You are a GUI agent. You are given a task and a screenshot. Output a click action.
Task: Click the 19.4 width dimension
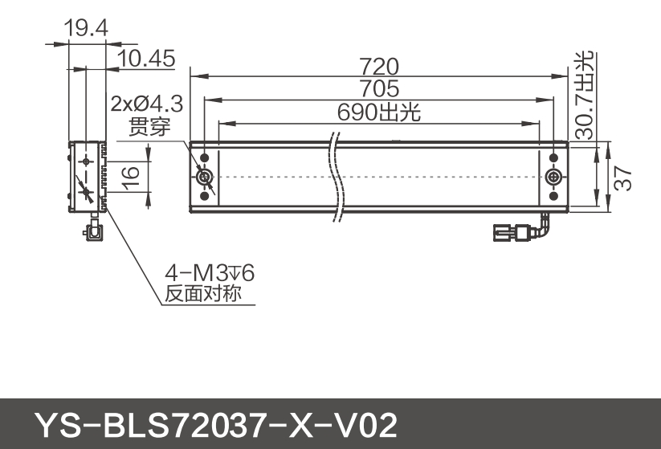click(x=85, y=29)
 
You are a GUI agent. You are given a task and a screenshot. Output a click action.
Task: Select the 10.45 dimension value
click(x=146, y=59)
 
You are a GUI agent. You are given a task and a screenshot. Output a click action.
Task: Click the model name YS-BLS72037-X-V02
click(x=215, y=423)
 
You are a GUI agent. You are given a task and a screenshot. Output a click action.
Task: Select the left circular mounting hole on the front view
click(x=205, y=177)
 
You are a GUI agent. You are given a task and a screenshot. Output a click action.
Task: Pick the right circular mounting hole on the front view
click(x=553, y=177)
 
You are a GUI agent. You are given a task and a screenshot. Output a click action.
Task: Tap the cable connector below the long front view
click(x=514, y=233)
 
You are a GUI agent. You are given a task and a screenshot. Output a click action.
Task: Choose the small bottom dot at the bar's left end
click(x=205, y=195)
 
